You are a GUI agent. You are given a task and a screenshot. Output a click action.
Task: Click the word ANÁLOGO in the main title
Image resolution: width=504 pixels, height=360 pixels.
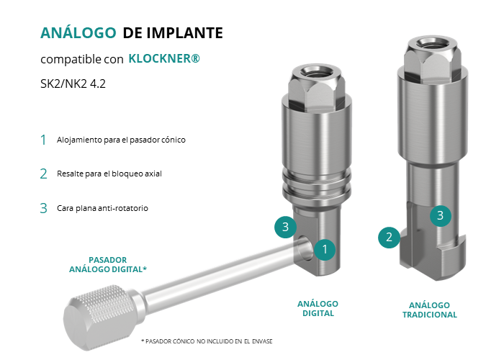pos(78,32)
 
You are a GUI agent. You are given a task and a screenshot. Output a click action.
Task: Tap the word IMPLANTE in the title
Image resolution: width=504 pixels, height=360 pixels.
pos(185,33)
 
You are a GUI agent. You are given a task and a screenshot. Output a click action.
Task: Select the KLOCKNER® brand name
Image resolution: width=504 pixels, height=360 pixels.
pos(164,58)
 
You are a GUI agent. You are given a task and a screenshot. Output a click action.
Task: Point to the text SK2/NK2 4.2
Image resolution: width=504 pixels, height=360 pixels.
pos(73,84)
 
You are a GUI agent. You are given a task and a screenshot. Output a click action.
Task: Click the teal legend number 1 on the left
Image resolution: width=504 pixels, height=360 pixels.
pos(43,140)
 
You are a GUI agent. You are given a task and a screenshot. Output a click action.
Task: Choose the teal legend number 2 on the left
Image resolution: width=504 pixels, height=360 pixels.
pos(44,174)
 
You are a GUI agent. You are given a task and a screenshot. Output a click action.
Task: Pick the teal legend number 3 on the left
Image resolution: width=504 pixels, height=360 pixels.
pos(44,208)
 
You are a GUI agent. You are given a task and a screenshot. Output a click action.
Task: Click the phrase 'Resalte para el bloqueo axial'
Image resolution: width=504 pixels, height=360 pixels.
pos(109,174)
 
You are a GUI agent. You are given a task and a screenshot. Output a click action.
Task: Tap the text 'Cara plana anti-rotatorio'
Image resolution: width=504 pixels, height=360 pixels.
pos(102,208)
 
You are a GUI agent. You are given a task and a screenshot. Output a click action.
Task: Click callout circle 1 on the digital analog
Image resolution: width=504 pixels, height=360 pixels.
pos(325,249)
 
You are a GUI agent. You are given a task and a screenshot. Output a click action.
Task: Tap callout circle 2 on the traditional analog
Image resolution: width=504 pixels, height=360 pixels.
pos(389,237)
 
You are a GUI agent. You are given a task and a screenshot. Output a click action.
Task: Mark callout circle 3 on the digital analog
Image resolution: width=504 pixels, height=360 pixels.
pos(285,227)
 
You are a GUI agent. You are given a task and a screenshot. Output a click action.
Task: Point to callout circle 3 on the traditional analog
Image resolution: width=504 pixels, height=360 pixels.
pos(441,215)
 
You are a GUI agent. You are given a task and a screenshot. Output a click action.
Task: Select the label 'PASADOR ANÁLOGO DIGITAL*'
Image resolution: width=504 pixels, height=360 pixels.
pos(108,264)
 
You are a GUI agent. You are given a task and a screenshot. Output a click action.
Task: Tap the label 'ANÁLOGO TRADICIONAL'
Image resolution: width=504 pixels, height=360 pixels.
pos(430,310)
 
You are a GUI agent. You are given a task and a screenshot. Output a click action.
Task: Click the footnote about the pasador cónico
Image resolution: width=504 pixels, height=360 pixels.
pos(207,341)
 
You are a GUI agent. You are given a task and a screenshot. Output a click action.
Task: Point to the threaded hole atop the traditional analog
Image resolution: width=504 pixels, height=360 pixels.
pos(432,42)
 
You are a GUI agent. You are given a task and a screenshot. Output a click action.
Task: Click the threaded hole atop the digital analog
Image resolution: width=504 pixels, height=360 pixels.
pos(317,71)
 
